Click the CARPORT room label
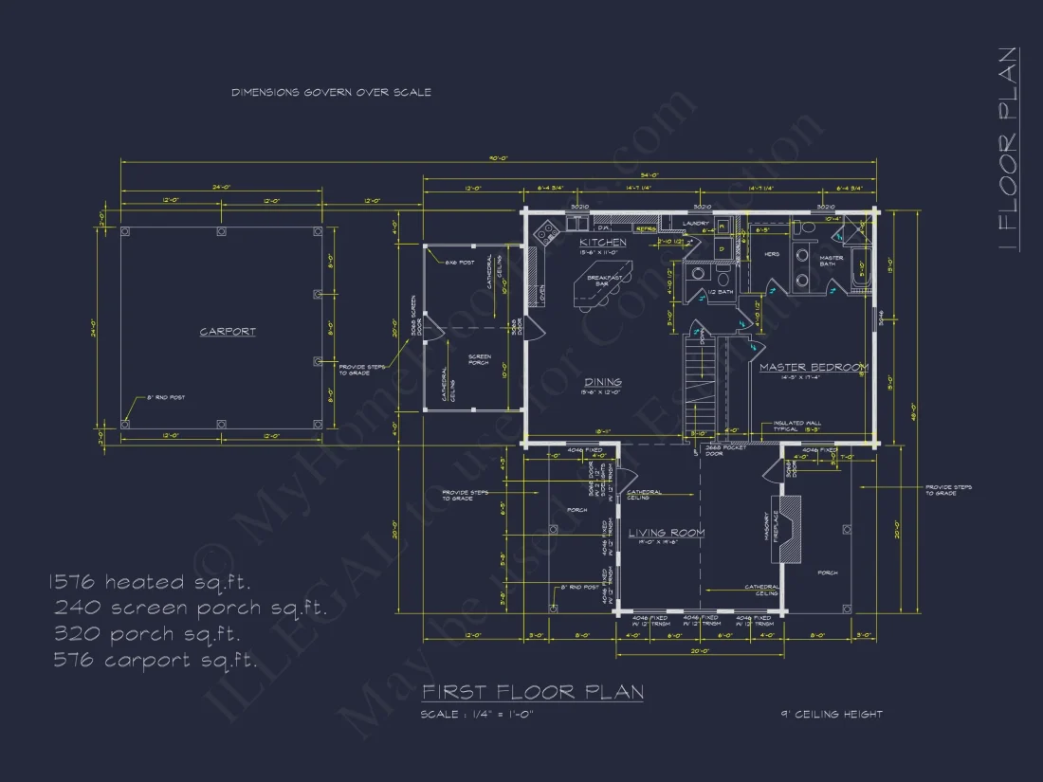coord(228,332)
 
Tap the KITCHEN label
coord(603,243)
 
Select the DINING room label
coord(603,382)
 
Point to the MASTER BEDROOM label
coord(814,367)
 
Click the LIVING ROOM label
coord(667,533)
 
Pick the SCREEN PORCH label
coord(479,360)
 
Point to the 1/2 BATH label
coord(720,293)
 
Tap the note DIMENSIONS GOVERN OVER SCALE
coord(331,93)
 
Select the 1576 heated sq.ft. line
coord(151,582)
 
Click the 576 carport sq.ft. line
coord(155,660)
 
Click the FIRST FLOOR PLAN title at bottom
coord(533,692)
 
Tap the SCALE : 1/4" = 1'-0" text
coord(477,715)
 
